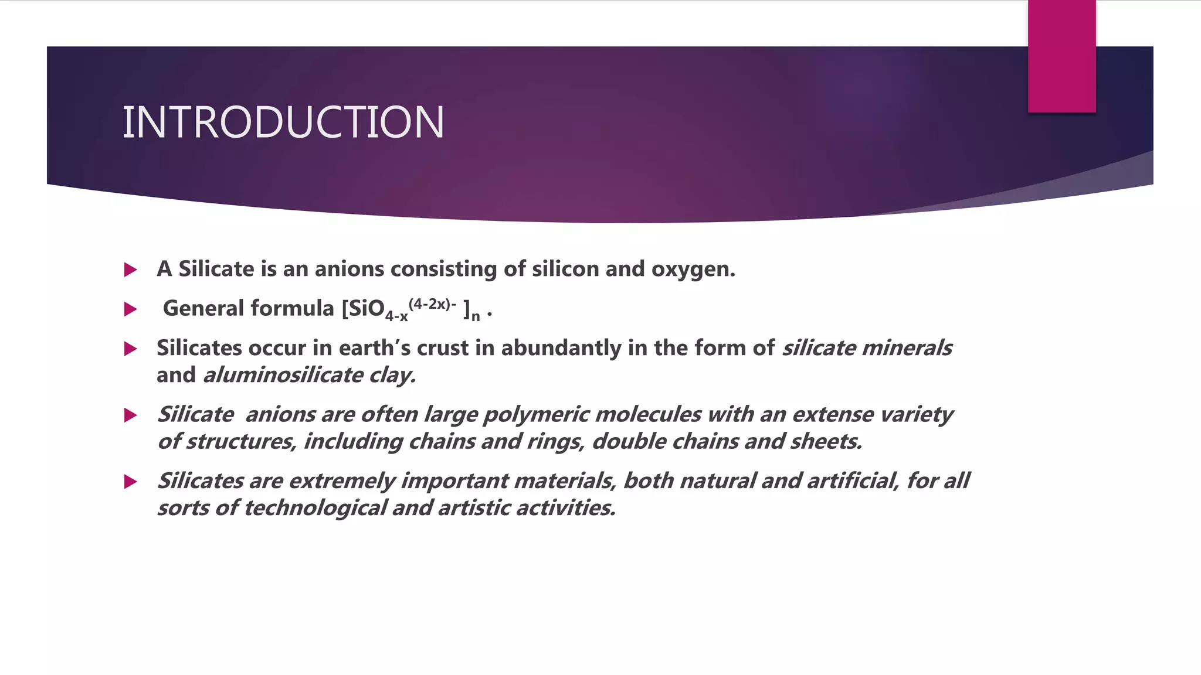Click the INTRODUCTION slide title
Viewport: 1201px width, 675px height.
[x=283, y=122]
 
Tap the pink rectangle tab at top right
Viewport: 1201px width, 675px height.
[x=1061, y=56]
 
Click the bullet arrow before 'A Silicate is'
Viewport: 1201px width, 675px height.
[x=131, y=270]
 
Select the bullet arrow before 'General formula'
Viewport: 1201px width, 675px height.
[x=131, y=309]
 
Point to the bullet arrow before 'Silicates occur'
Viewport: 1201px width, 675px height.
[x=131, y=349]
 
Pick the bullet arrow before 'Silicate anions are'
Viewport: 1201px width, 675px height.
[x=131, y=415]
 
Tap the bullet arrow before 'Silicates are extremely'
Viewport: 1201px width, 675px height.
[x=131, y=482]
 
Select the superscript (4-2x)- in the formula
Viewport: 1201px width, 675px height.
[x=432, y=304]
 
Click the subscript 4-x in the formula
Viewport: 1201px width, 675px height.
[x=396, y=316]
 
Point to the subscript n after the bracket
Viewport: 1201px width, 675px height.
[x=476, y=317]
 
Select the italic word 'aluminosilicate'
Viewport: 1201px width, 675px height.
[x=283, y=375]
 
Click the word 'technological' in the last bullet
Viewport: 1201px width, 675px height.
[x=315, y=507]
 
